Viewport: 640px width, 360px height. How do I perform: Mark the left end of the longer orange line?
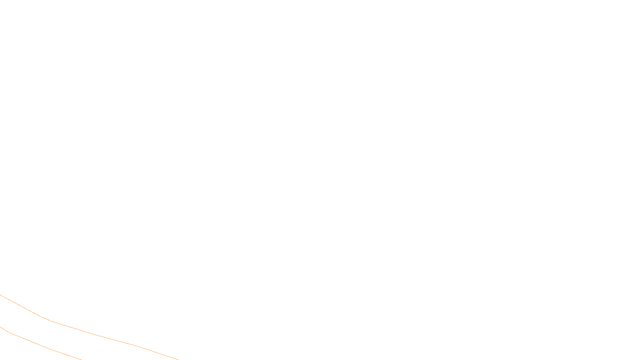tap(0, 295)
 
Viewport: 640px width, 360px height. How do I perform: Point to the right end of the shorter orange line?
tap(81, 359)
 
